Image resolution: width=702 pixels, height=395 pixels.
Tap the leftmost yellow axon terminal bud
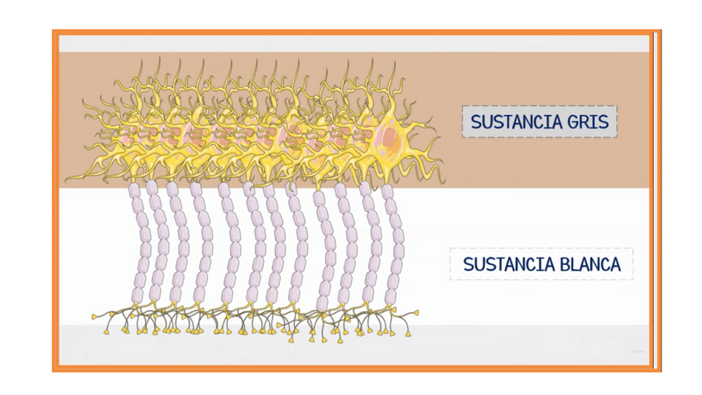point(93,316)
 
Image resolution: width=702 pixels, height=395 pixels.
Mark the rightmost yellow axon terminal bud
point(416,312)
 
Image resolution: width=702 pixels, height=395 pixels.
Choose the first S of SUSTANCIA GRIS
point(475,123)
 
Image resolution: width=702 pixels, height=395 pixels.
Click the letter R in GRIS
point(585,123)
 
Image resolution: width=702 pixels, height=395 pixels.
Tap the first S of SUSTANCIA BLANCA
point(468,265)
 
